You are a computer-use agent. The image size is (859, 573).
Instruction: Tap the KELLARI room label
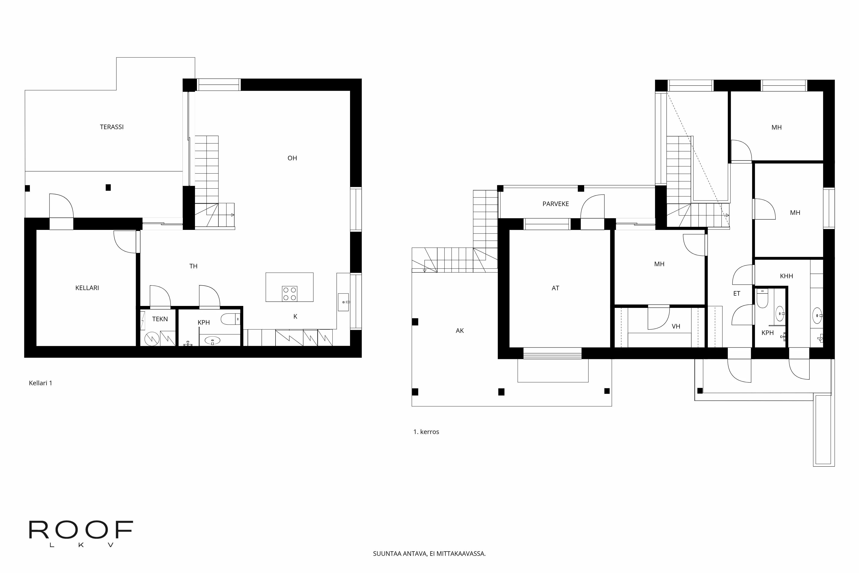click(x=87, y=288)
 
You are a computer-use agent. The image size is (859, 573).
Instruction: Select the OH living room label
click(x=292, y=158)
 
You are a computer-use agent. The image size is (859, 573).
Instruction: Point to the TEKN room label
click(x=160, y=319)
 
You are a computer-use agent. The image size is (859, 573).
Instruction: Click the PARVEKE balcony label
click(x=556, y=204)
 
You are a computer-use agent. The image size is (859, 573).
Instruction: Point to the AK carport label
click(x=459, y=331)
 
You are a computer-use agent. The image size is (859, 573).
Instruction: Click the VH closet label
click(x=676, y=326)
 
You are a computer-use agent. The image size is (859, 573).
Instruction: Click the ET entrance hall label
click(x=737, y=293)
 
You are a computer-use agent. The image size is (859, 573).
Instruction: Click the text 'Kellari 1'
click(x=41, y=383)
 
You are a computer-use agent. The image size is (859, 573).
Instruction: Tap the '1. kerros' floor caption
click(x=426, y=432)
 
